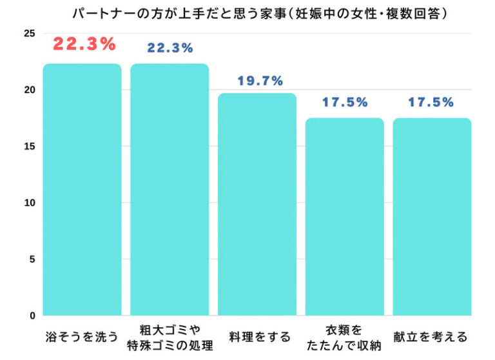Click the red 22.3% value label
point(84,45)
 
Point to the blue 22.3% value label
point(170,48)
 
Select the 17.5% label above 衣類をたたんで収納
point(344,103)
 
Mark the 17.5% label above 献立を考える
point(431,103)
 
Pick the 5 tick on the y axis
point(30,259)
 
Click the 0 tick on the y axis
point(30,316)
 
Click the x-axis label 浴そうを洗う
point(82,337)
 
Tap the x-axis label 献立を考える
point(432,337)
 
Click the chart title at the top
point(258,13)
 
